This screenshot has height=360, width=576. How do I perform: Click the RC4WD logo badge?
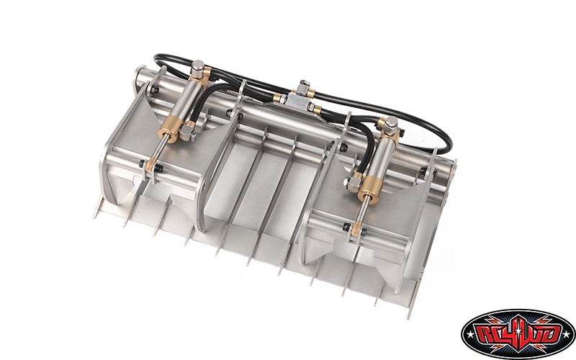[518, 333]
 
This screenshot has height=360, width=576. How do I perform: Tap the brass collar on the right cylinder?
[369, 190]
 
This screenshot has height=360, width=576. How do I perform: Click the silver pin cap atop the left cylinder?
[198, 67]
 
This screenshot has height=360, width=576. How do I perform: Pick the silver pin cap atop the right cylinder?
[392, 123]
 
